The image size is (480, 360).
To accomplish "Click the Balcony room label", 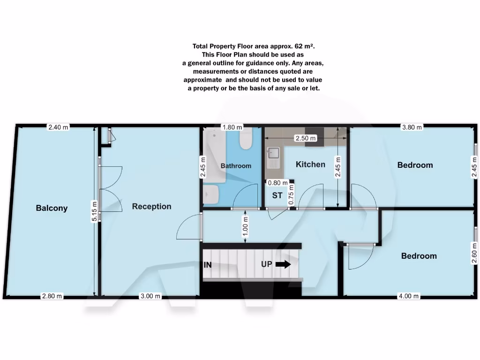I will (52, 208).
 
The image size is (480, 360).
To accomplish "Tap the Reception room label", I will (151, 206).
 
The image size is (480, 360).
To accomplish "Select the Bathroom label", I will (236, 165).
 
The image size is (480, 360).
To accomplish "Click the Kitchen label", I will (310, 164).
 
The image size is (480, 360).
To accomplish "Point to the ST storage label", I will (277, 195).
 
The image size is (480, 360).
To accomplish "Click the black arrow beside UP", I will (283, 264).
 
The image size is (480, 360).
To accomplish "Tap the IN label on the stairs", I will (208, 265).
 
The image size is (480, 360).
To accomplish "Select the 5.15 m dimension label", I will (95, 212).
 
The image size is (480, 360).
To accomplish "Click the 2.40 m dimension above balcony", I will (58, 127).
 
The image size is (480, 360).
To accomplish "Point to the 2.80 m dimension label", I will (52, 296).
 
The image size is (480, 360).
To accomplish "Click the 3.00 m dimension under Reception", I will (151, 296).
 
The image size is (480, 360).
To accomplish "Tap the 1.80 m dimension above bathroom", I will (232, 127).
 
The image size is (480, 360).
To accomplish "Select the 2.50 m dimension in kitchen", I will (305, 138).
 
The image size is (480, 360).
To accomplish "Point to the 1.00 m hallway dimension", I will (246, 226).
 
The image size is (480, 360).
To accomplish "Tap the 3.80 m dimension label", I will (412, 127).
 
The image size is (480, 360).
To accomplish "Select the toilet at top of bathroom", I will (246, 139).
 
